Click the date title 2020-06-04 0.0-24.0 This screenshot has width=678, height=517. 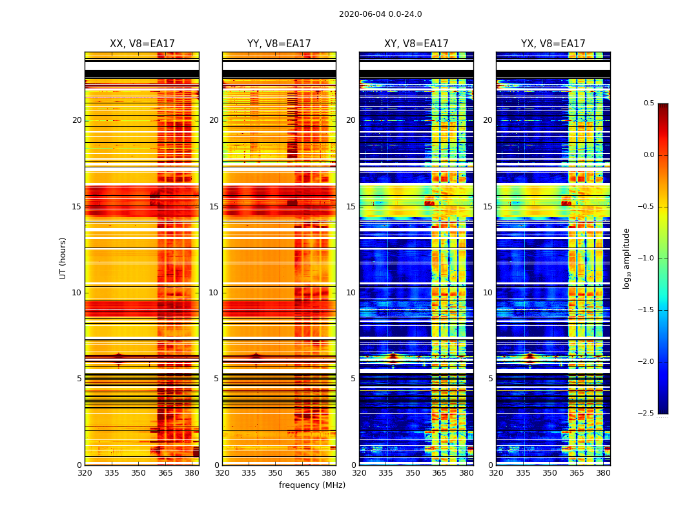click(380, 14)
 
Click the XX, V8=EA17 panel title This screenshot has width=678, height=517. click(142, 44)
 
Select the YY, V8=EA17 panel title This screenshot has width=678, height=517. click(279, 44)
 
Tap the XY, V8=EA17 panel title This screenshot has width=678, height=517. click(416, 44)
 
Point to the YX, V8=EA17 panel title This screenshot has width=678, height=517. click(553, 44)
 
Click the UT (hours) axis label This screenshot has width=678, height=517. click(63, 258)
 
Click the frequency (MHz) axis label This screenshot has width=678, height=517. click(312, 485)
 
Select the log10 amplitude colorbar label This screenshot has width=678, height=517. click(626, 258)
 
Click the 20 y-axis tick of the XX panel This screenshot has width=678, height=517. click(77, 120)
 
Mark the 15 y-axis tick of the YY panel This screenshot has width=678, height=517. click(214, 207)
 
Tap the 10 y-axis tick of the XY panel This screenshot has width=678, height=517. click(351, 293)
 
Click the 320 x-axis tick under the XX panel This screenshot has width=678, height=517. click(85, 473)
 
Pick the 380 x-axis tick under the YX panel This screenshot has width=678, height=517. click(603, 473)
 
